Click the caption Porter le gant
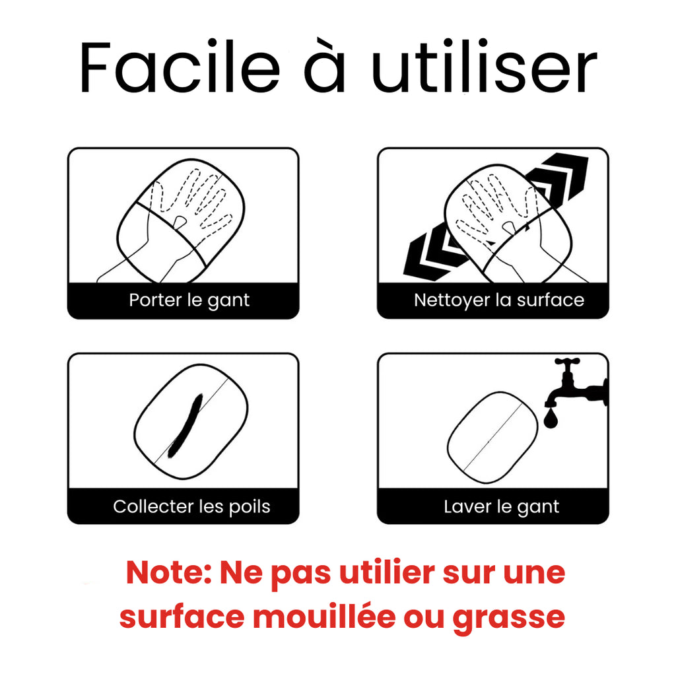pos(189,300)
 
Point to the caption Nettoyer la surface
pos(499,300)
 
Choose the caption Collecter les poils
pos(191,507)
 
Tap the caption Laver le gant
pos(501,507)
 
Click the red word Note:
pos(168,573)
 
